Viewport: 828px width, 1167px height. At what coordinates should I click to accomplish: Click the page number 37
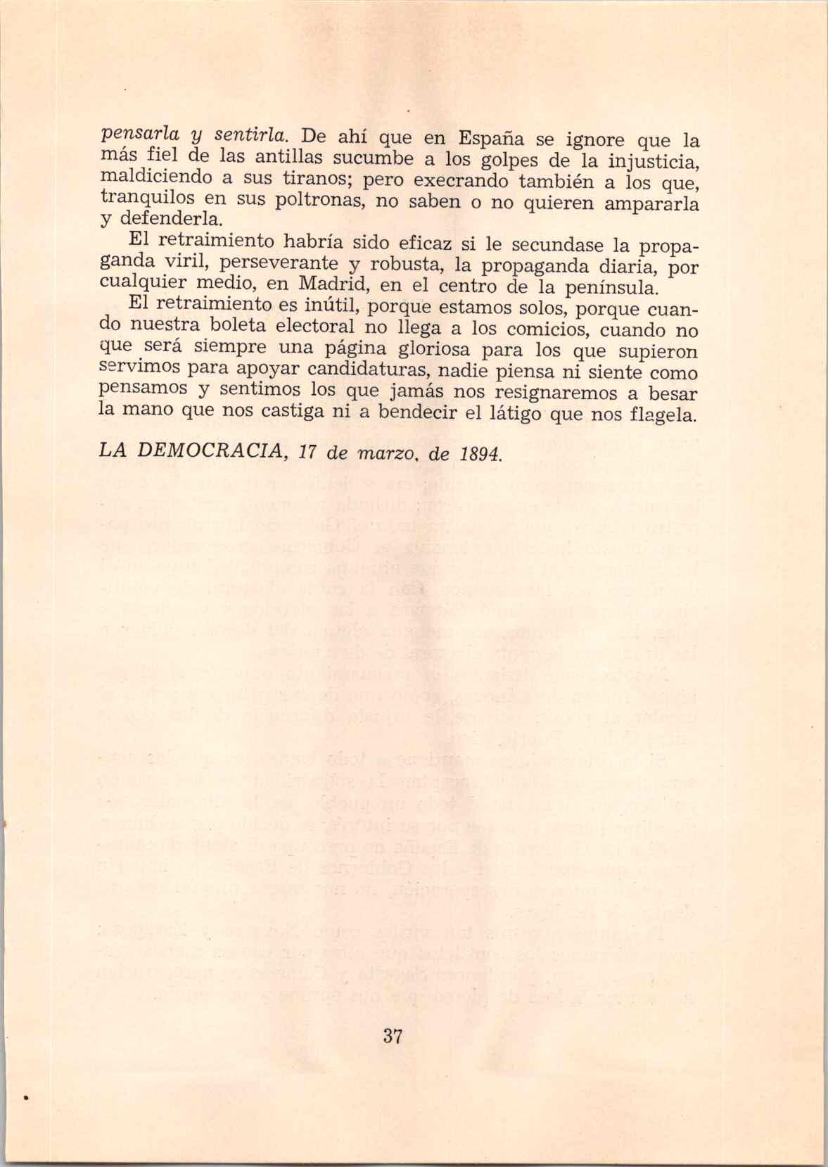coord(393,1036)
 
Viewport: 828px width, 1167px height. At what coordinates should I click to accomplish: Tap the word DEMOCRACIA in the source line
coord(206,450)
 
